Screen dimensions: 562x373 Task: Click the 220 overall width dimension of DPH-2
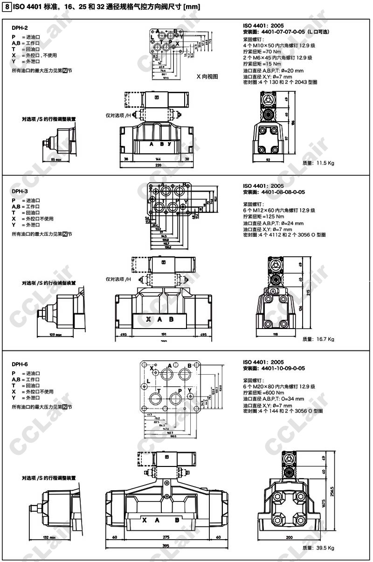159,165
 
